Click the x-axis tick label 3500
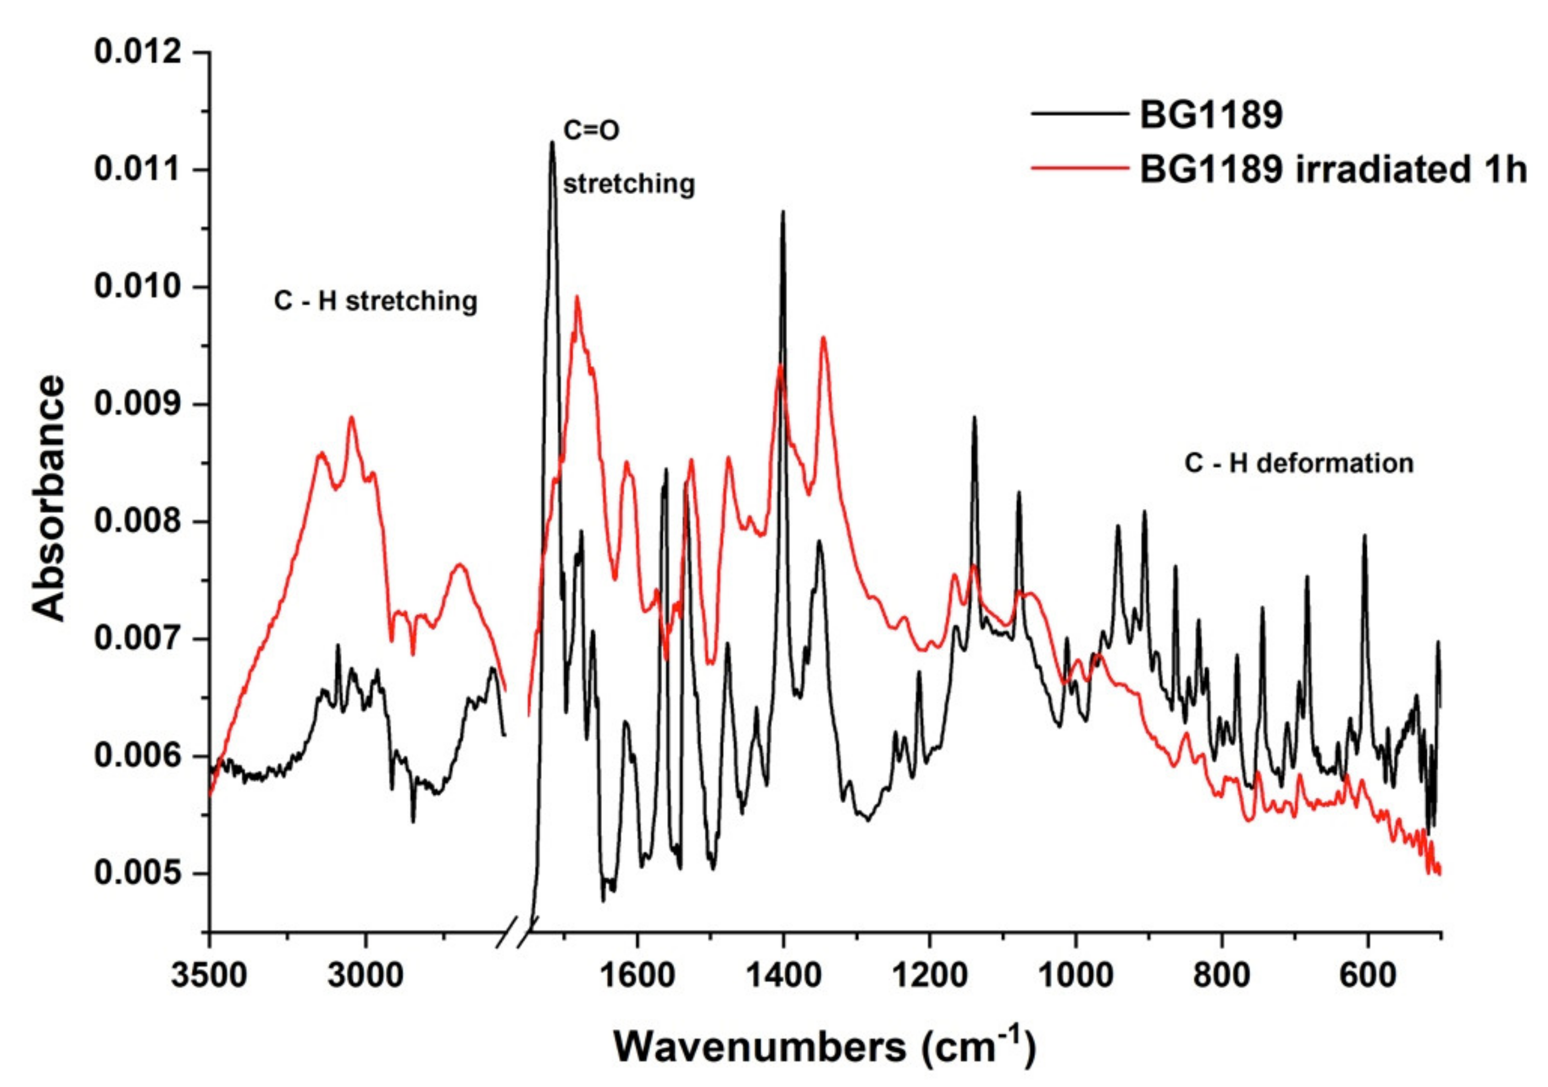(209, 976)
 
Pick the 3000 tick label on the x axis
(366, 976)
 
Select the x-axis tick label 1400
(783, 976)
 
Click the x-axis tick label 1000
(1076, 976)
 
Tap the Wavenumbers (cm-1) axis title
(824, 1047)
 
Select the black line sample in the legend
(1079, 115)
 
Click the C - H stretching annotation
(375, 301)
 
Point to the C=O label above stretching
(590, 131)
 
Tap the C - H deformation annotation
(1298, 463)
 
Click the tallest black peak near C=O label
(552, 142)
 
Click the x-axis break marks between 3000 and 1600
(516, 932)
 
